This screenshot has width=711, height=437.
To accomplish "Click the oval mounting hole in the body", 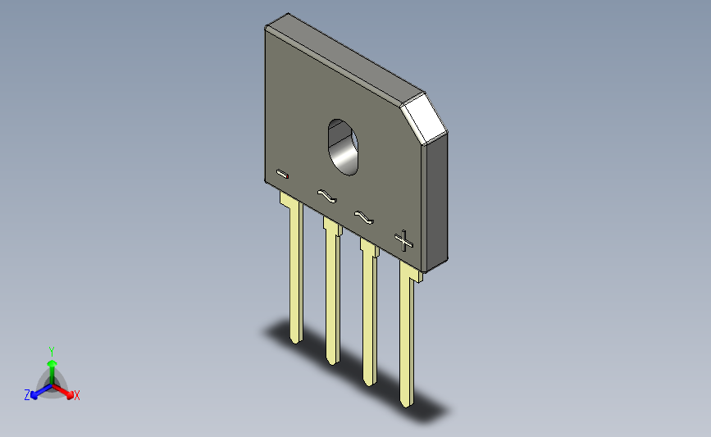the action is click(343, 148).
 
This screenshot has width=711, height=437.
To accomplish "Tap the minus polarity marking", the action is click(282, 174).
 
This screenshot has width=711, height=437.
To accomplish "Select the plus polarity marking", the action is click(403, 241).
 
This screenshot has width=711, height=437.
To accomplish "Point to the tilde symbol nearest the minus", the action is click(327, 196).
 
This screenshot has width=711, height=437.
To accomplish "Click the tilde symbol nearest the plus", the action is click(363, 217).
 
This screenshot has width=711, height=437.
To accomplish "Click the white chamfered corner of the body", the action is click(424, 119).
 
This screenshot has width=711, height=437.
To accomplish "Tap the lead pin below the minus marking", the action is click(294, 267).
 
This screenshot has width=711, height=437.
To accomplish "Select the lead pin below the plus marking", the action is click(408, 333).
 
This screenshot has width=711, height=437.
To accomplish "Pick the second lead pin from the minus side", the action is click(332, 290).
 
